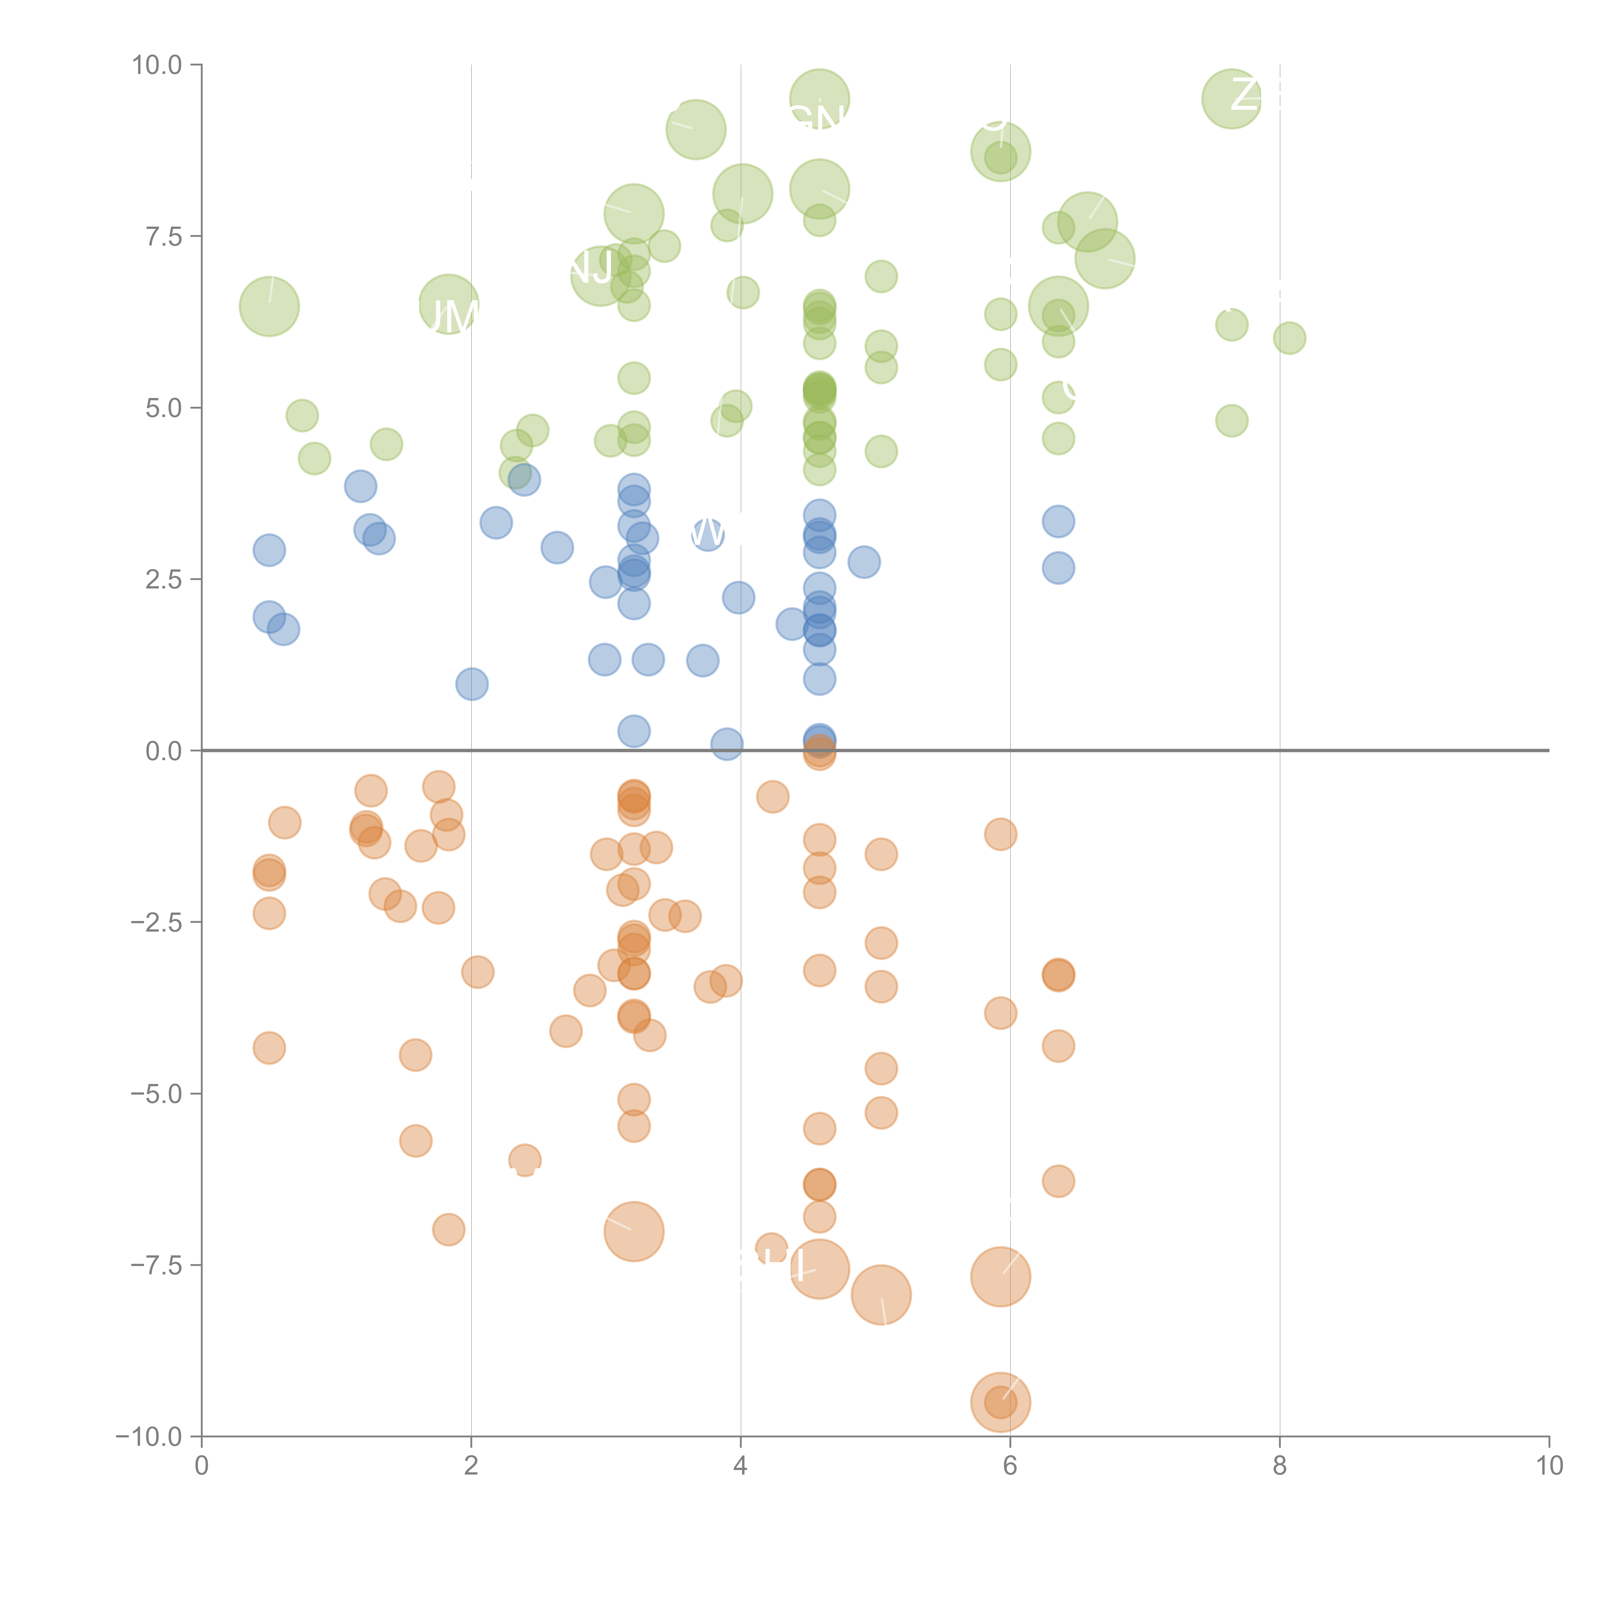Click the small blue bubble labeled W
click(x=708, y=533)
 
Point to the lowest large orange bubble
click(x=1000, y=1402)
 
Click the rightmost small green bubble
click(x=1289, y=338)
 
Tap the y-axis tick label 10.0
click(x=157, y=64)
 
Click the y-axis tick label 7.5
click(x=164, y=236)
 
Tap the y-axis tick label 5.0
click(x=164, y=408)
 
